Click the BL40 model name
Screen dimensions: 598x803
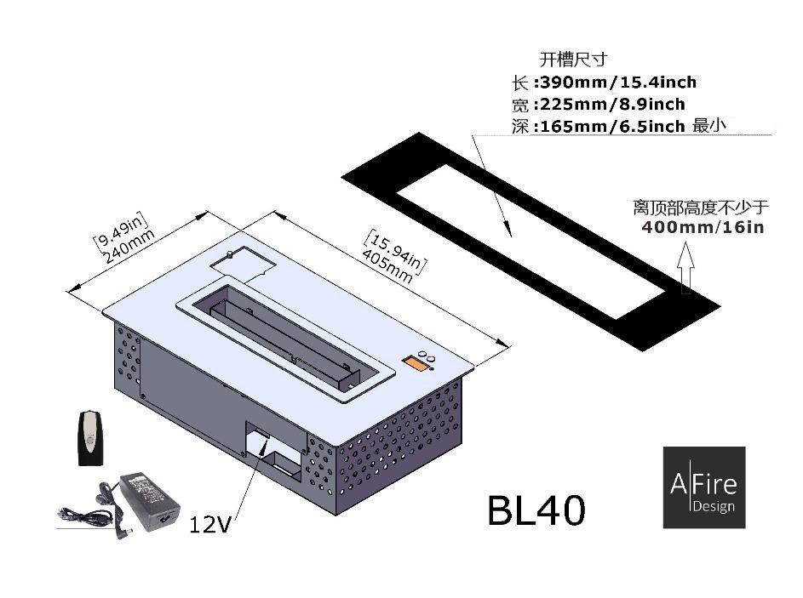536,510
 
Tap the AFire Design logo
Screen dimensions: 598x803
703,487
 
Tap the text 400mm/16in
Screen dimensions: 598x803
702,227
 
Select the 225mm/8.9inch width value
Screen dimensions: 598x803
609,105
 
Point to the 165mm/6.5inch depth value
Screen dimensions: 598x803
609,127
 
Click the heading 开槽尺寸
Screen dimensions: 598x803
574,60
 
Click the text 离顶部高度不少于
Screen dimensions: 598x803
701,208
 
